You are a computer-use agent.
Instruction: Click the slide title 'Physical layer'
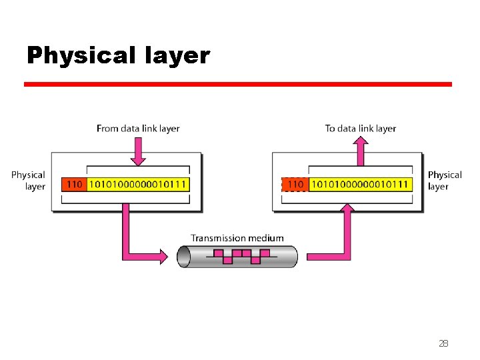pos(118,55)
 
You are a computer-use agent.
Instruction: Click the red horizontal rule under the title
pos(237,85)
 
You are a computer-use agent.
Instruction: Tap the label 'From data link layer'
pos(138,128)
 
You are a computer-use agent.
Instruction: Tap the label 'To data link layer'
pos(360,128)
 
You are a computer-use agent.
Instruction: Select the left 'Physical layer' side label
pos(28,181)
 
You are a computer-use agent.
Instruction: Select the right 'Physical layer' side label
pos(445,181)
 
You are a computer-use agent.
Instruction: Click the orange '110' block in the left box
pos(73,184)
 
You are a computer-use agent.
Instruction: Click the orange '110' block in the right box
pos(295,184)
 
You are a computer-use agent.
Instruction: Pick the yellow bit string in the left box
pos(137,184)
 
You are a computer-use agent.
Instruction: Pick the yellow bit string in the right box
pos(360,184)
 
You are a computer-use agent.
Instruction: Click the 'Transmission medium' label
pos(237,238)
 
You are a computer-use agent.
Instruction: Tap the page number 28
pos(443,343)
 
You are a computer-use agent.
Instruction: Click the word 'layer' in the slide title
pos(175,55)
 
